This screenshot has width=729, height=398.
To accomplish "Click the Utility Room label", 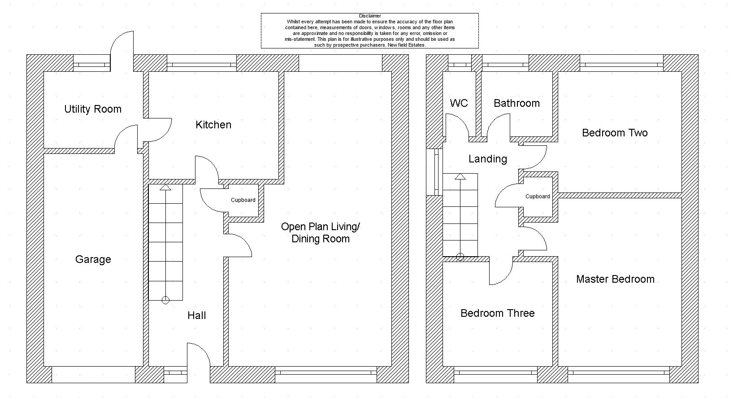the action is pos(93,109).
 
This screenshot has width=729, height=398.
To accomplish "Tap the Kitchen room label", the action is pos(213,125).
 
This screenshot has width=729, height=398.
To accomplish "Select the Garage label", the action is pos(93,260).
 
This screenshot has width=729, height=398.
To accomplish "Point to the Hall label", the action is pos(196,315).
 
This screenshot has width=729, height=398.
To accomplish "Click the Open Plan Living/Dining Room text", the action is pos(321,232).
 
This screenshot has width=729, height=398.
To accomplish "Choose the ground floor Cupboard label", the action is pos(243,200).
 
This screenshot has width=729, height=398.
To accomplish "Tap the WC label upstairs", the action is pos(459,103).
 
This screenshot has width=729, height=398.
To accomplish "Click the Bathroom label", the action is pos(517,103).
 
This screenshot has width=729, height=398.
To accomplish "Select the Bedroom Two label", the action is pos(615,133).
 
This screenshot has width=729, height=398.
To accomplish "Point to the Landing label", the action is pos(488,159).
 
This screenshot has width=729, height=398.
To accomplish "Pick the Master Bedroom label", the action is pos(616,279).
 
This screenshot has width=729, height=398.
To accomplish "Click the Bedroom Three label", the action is pos(498,313).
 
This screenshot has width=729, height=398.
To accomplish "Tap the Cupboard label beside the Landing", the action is pos(538,197).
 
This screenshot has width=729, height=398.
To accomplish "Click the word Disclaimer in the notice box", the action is pos(370,16).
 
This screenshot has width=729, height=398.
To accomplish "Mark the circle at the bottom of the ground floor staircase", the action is pos(165,300).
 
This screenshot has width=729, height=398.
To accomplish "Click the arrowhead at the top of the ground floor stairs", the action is pos(165,187).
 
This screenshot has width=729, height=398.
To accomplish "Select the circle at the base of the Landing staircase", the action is pos(460,257).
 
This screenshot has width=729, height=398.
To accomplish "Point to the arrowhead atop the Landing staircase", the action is pos(460,176).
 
